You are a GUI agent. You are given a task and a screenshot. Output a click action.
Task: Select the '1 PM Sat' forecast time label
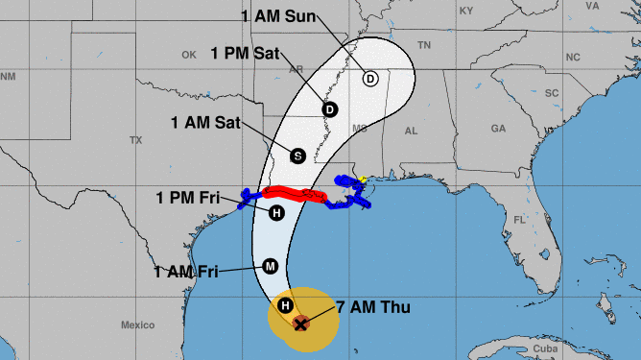[242, 54]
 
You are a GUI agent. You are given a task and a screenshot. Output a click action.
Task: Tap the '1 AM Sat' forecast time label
[206, 123]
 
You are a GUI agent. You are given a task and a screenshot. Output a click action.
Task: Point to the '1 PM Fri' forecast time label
[188, 199]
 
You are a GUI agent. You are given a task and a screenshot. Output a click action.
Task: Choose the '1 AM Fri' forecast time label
[187, 272]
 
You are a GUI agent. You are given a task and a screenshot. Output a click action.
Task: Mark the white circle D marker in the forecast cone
[370, 79]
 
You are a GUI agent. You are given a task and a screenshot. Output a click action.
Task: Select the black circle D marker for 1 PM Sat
[330, 109]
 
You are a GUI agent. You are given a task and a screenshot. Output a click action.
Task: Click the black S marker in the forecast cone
[297, 155]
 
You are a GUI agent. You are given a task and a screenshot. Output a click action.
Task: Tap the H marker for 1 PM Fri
[276, 213]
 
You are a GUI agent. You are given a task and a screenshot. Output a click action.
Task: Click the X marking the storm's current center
[300, 324]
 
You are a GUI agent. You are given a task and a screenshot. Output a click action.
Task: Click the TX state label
[135, 140]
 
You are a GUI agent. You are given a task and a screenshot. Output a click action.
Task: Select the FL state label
[518, 220]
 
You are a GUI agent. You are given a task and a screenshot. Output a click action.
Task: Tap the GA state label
[498, 128]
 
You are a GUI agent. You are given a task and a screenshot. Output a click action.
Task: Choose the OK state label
[188, 55]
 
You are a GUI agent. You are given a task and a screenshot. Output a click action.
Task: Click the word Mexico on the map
[137, 325]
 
